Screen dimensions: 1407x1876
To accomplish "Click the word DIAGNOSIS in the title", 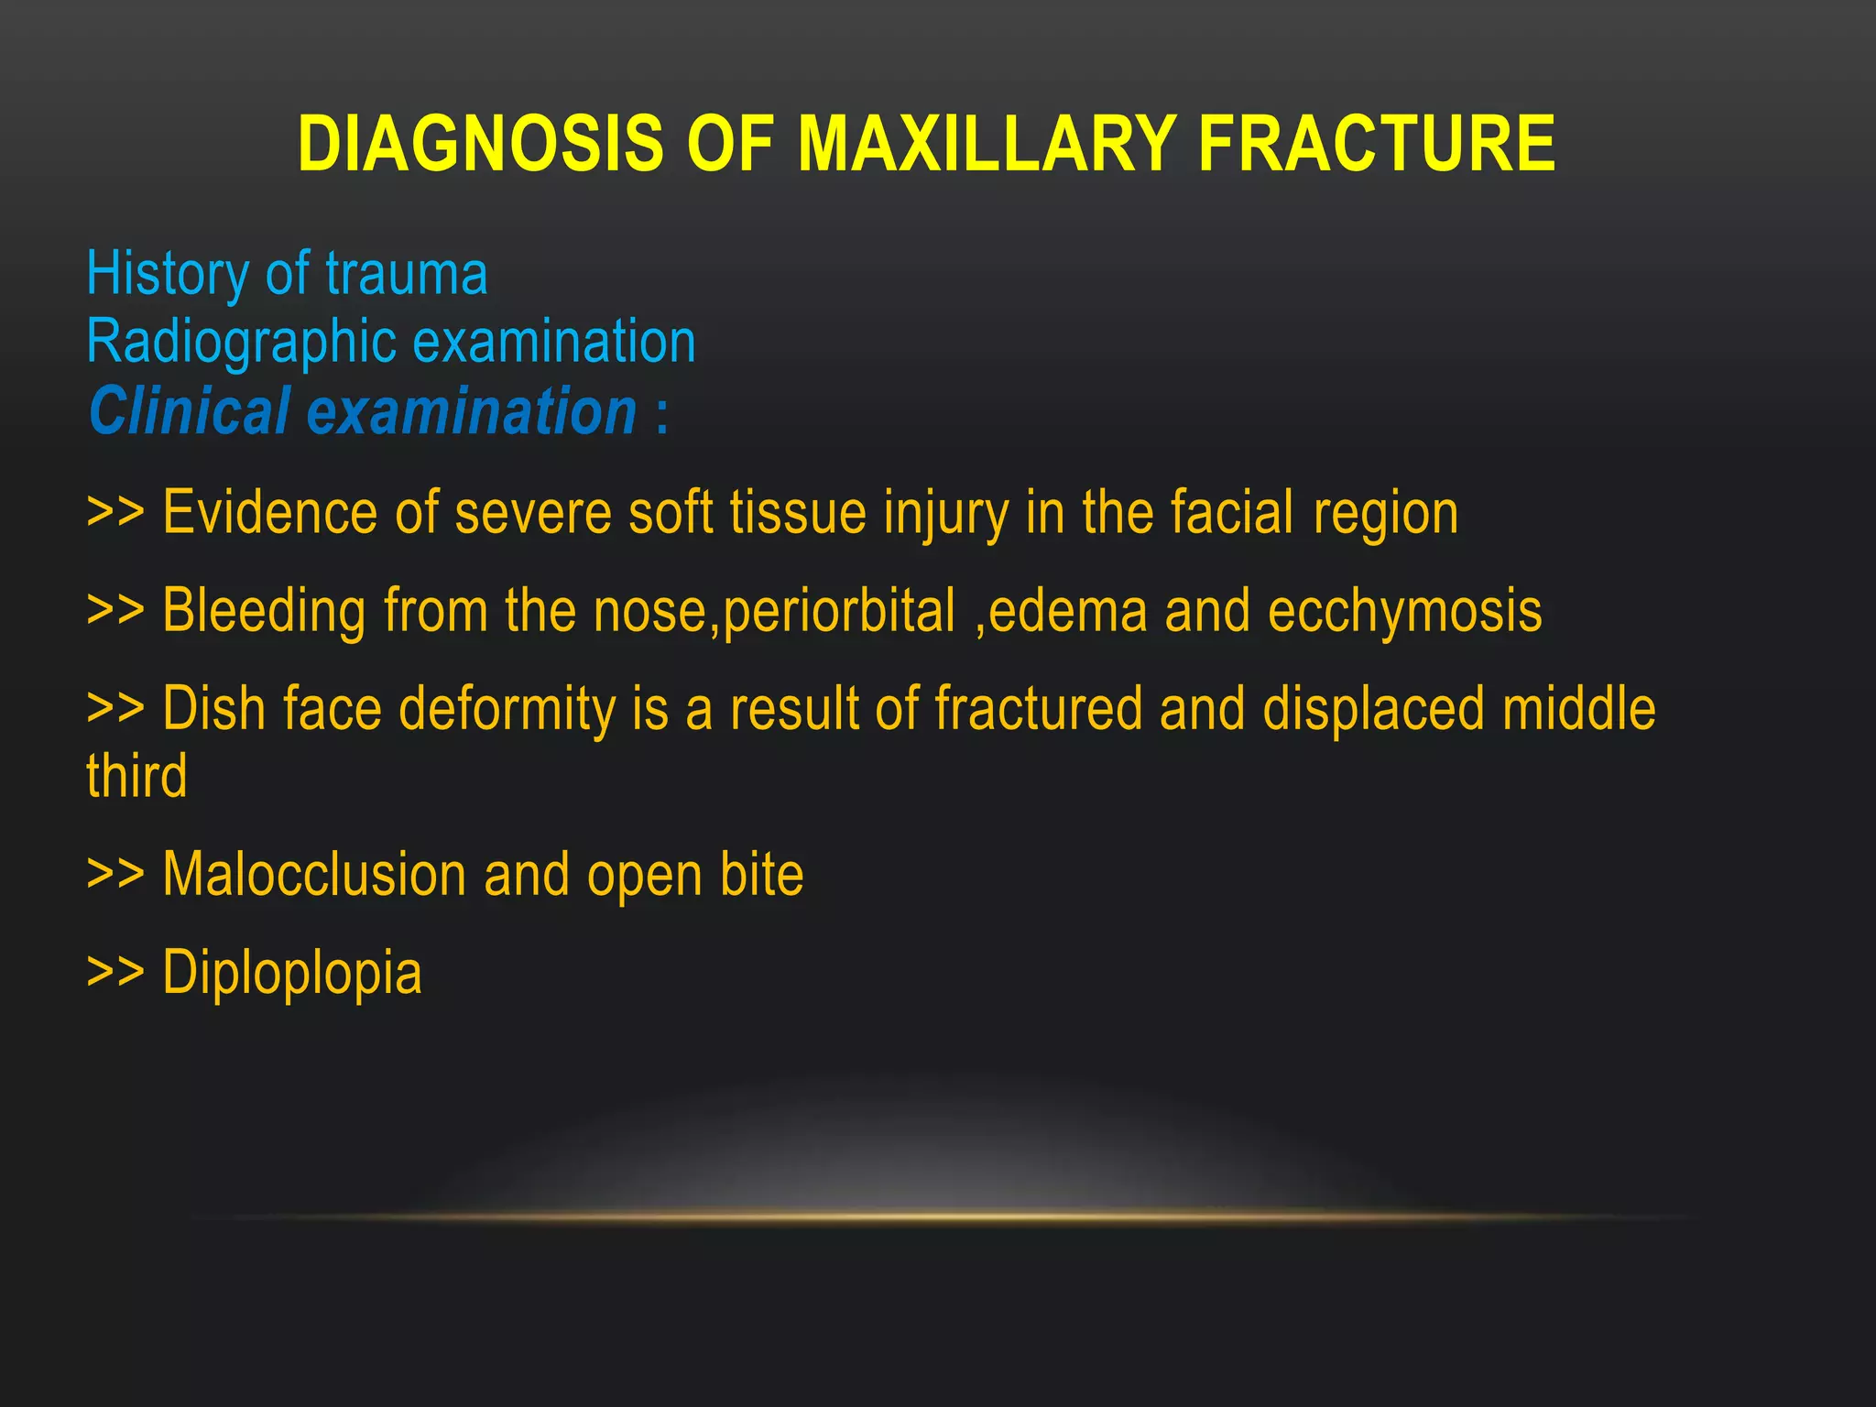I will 480,144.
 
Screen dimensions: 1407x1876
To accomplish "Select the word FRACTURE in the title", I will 1376,144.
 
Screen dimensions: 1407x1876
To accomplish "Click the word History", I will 168,274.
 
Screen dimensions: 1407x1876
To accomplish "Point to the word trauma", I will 406,275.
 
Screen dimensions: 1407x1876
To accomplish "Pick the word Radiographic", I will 241,343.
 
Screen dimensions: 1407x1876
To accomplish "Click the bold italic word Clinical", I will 190,411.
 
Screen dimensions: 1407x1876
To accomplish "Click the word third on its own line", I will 137,777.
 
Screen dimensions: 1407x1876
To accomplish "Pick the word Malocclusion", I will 314,875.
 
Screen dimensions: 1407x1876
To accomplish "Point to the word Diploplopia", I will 292,974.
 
